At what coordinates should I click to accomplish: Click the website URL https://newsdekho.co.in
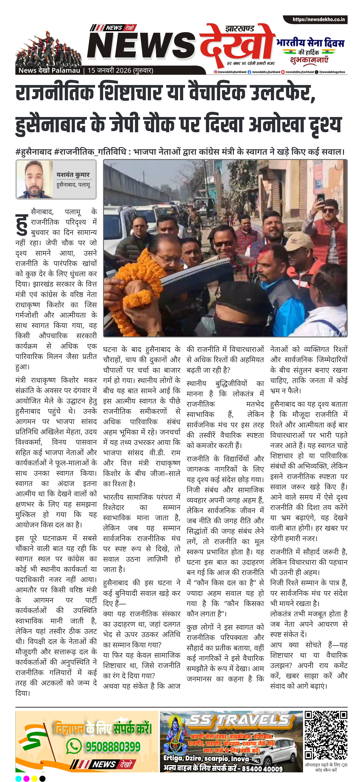[x=318, y=19]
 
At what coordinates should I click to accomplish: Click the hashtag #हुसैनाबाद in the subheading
[x=33, y=152]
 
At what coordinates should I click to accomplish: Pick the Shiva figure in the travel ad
[x=176, y=741]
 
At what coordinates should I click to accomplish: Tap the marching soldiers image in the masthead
[x=49, y=49]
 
